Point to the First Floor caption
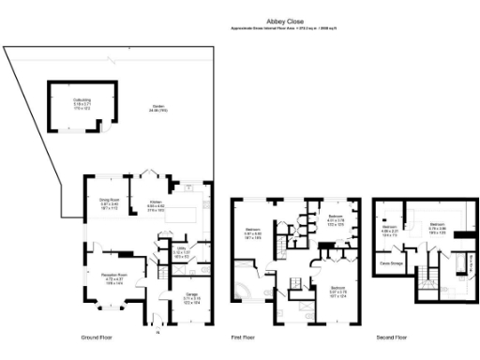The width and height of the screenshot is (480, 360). [x=246, y=337]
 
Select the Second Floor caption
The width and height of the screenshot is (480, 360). [x=392, y=337]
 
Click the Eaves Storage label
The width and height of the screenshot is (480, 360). [x=392, y=264]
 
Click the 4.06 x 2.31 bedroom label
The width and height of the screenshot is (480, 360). [x=390, y=230]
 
